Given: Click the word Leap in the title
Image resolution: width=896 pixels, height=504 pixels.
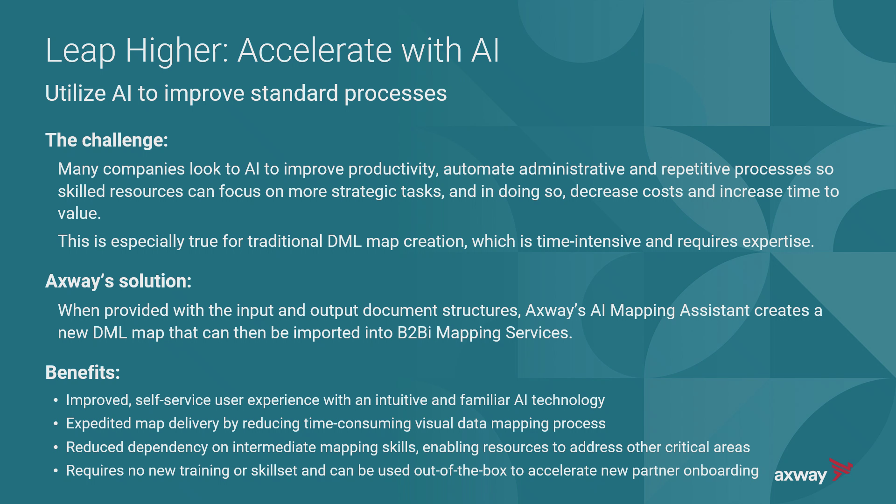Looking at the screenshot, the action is point(80,51).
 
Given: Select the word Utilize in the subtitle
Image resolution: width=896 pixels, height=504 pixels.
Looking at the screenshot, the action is point(75,93).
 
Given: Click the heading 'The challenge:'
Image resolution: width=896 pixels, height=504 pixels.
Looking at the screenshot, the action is point(106,140).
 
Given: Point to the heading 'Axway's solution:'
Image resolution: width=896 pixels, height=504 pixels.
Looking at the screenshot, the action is point(119,281).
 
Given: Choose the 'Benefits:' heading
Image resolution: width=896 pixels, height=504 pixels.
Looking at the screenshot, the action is point(83,372).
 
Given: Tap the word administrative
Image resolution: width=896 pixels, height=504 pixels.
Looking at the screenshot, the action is point(572,168).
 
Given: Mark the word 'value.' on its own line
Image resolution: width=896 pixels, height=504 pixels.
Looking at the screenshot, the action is point(79,213).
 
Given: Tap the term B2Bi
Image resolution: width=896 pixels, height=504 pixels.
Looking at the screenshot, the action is point(414,333).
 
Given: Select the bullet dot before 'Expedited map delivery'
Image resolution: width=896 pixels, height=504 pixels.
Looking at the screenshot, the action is point(56,424).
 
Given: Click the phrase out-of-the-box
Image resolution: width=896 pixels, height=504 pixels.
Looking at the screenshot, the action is point(460,470).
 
